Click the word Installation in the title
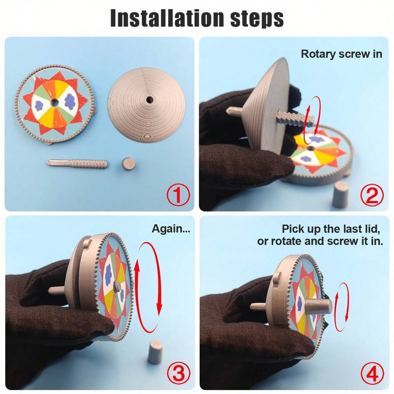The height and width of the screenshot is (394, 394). (x=167, y=18)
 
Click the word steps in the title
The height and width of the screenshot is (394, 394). (x=257, y=19)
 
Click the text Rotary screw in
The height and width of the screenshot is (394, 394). (x=341, y=54)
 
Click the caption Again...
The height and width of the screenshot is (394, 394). (x=171, y=229)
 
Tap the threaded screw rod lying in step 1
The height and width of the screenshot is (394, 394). (x=77, y=163)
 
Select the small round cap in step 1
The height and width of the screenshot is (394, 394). (x=129, y=164)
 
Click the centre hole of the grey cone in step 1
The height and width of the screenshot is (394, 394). (x=149, y=100)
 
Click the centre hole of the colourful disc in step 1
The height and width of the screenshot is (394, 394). (x=54, y=102)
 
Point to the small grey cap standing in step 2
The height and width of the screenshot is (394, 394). (x=340, y=194)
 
